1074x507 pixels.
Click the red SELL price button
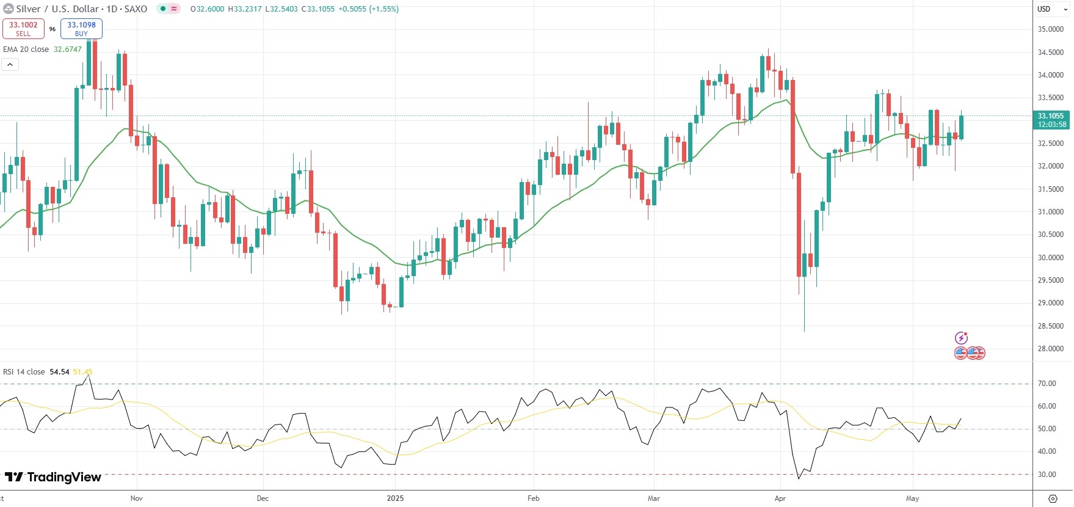23,29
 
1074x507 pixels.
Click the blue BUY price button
81,29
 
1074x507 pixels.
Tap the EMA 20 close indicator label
26,49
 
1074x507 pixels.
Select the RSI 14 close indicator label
24,372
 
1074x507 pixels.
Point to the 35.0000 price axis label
1051,29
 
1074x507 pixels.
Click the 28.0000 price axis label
1051,349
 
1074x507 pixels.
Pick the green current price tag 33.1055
1051,120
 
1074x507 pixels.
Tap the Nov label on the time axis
137,498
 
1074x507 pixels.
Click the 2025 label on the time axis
395,498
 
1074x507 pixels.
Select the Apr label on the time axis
780,498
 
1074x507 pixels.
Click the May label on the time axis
912,498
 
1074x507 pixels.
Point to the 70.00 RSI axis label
1047,384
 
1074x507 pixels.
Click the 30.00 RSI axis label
1047,475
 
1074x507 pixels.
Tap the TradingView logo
53,477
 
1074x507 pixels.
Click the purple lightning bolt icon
961,338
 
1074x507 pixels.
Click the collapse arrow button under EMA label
10,64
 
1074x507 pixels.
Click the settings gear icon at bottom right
1053,498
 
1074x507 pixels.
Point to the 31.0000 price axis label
1051,212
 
